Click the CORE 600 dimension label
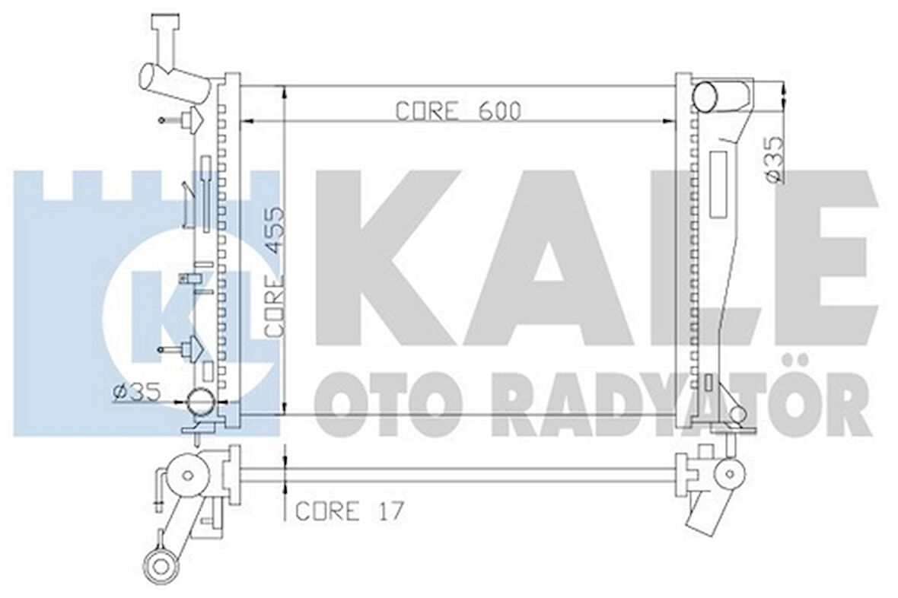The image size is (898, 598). click(458, 111)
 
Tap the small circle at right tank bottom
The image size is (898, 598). click(736, 414)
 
